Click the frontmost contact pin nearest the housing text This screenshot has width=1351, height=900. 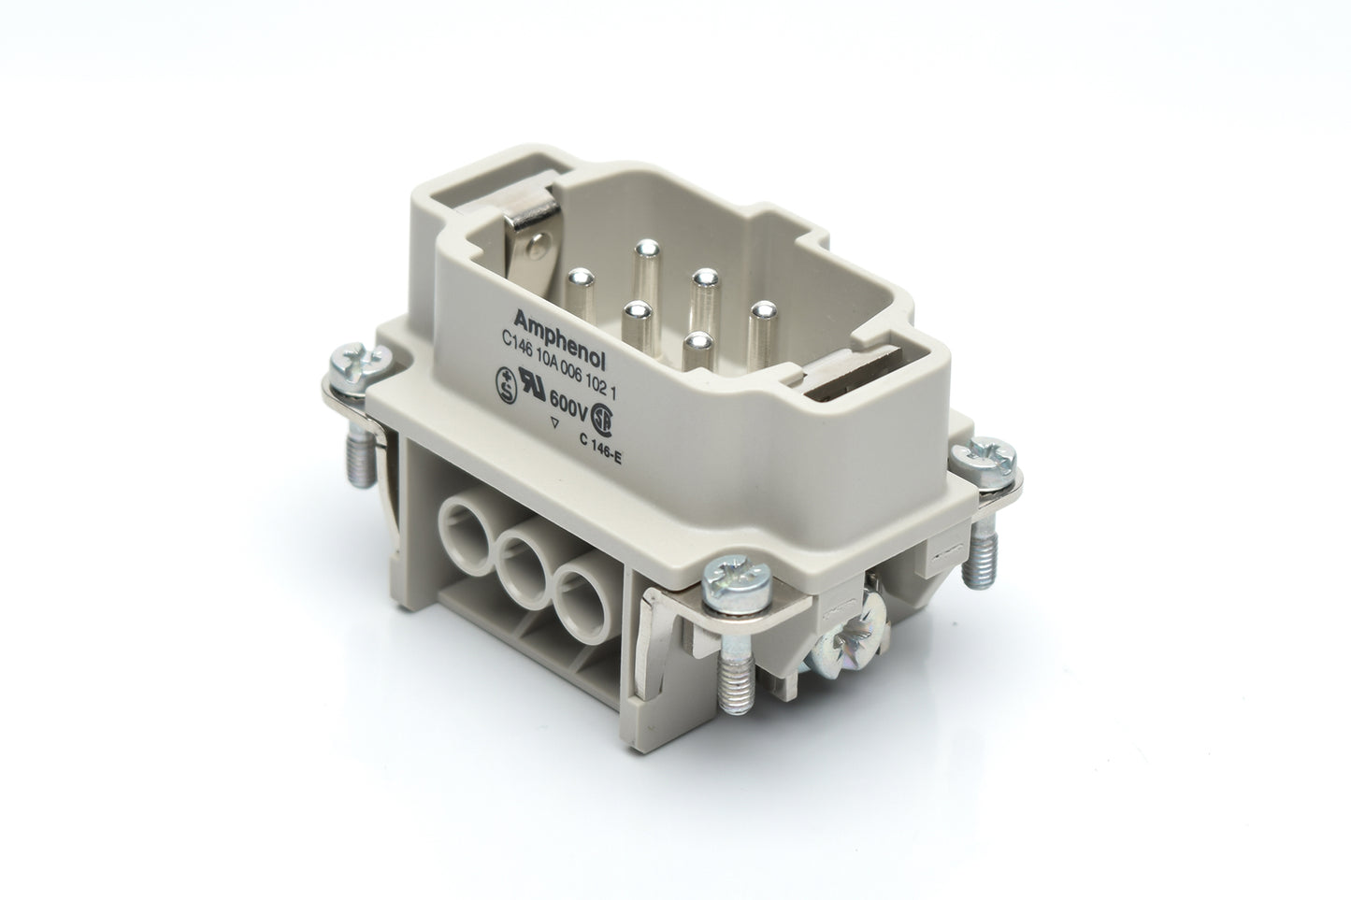click(694, 343)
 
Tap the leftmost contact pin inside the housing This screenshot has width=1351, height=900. click(582, 278)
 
